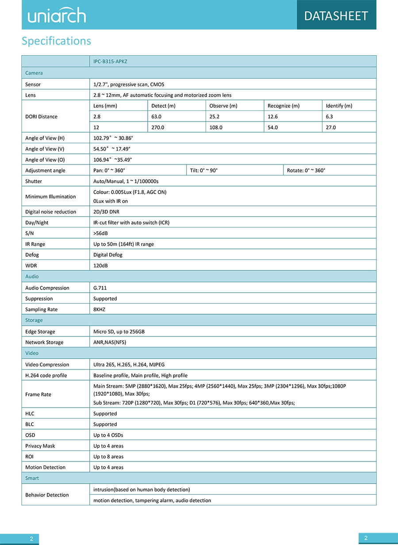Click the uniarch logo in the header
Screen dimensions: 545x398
[57, 15]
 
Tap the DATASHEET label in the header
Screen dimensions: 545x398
[336, 16]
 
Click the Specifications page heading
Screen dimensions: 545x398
[56, 41]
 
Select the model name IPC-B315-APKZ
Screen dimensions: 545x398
[110, 61]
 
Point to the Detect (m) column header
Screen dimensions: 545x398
[163, 106]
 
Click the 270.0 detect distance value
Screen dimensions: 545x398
[158, 127]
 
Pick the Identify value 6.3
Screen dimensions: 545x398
[329, 117]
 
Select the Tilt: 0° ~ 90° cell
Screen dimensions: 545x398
[204, 171]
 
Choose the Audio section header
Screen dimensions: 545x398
[32, 277]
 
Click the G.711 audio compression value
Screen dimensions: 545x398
[100, 288]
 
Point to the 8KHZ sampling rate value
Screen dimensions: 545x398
[100, 309]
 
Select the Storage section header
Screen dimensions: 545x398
[34, 320]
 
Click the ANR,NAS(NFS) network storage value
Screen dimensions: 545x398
[113, 342]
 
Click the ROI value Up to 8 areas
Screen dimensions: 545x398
[108, 457]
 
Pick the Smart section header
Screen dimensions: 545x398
[32, 478]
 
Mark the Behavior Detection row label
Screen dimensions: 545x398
[47, 495]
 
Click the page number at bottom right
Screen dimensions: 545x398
[366, 538]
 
